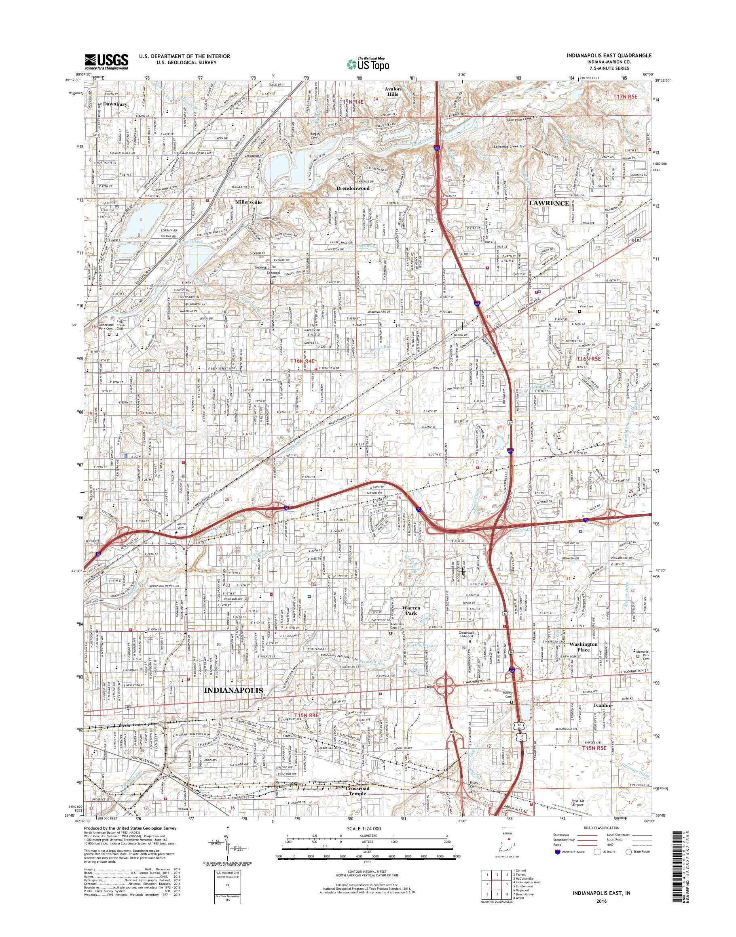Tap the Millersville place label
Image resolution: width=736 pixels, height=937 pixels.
pos(249,201)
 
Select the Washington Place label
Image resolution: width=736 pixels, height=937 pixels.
pos(584,647)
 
